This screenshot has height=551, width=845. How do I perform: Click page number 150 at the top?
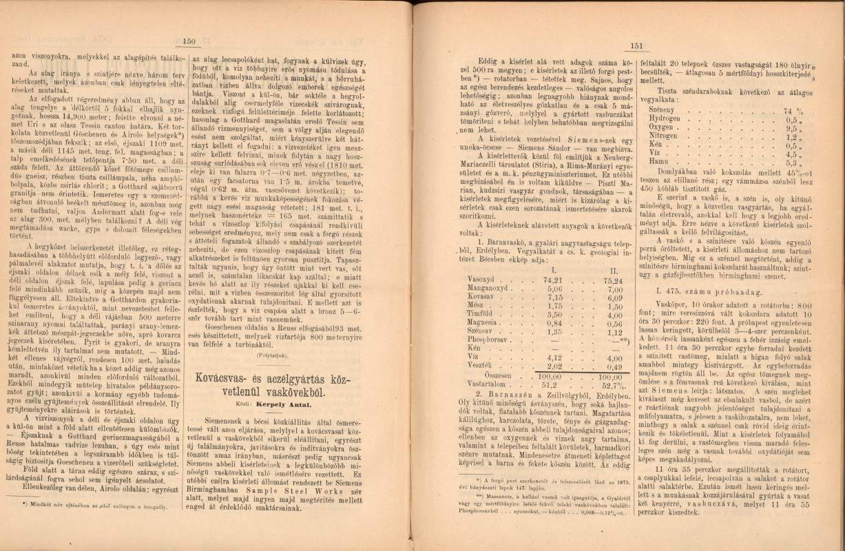point(189,41)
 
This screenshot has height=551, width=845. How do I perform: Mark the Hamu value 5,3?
point(789,163)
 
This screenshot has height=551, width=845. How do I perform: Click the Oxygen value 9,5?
point(789,128)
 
